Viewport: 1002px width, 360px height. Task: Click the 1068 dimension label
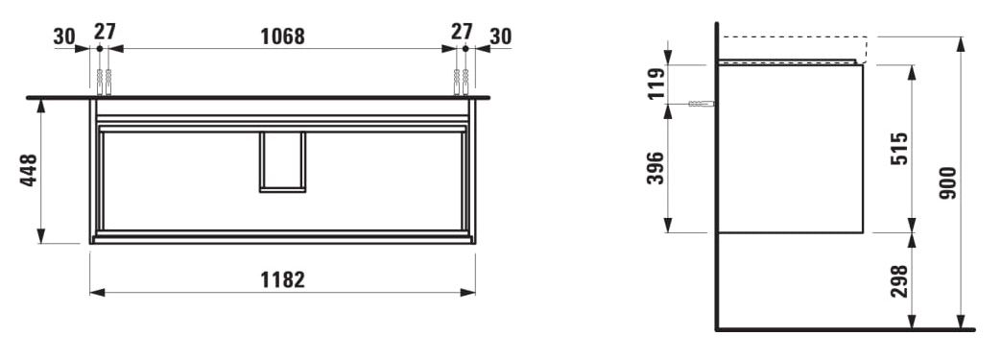click(x=282, y=36)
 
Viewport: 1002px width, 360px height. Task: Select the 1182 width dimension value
click(x=282, y=279)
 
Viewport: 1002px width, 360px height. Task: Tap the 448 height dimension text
click(x=30, y=170)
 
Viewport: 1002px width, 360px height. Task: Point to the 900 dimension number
click(x=948, y=182)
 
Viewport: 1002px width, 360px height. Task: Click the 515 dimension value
click(x=899, y=149)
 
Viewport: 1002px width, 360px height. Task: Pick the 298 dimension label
click(x=899, y=280)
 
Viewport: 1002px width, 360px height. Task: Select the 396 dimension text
click(x=656, y=168)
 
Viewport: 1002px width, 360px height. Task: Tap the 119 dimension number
click(x=656, y=84)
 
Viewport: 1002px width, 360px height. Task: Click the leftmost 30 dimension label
click(x=64, y=36)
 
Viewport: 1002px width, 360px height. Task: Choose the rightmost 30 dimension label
click(x=501, y=36)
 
